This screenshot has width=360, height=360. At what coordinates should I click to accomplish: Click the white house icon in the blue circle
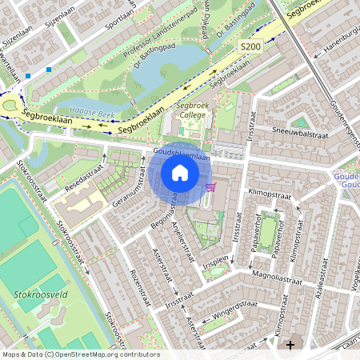[x=180, y=173]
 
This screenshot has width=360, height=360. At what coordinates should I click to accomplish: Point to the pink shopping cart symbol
[x=210, y=187]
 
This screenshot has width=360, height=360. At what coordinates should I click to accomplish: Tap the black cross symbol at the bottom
[x=290, y=344]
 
